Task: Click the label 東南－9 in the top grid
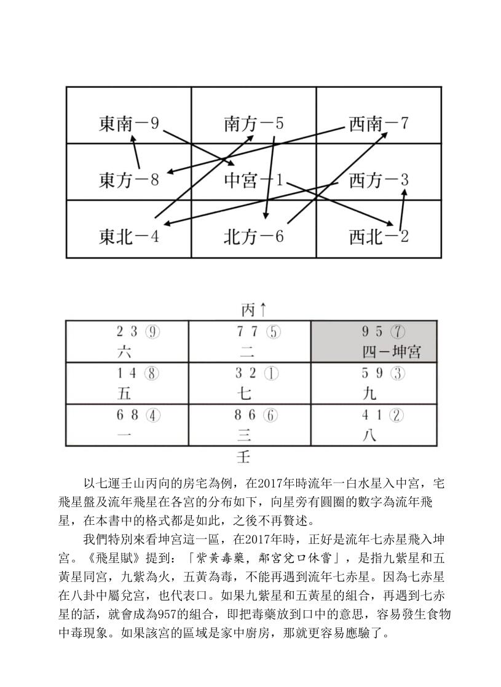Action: [129, 124]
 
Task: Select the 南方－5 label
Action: [254, 124]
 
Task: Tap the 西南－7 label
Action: [379, 124]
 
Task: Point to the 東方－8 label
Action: [129, 180]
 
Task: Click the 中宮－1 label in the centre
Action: [253, 180]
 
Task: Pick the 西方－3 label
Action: [379, 180]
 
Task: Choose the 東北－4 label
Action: [129, 237]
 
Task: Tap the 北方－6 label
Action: [254, 237]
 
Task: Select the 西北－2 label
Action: [379, 237]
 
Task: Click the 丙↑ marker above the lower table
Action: [253, 309]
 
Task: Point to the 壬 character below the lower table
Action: [243, 457]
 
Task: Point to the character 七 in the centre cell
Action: [243, 394]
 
